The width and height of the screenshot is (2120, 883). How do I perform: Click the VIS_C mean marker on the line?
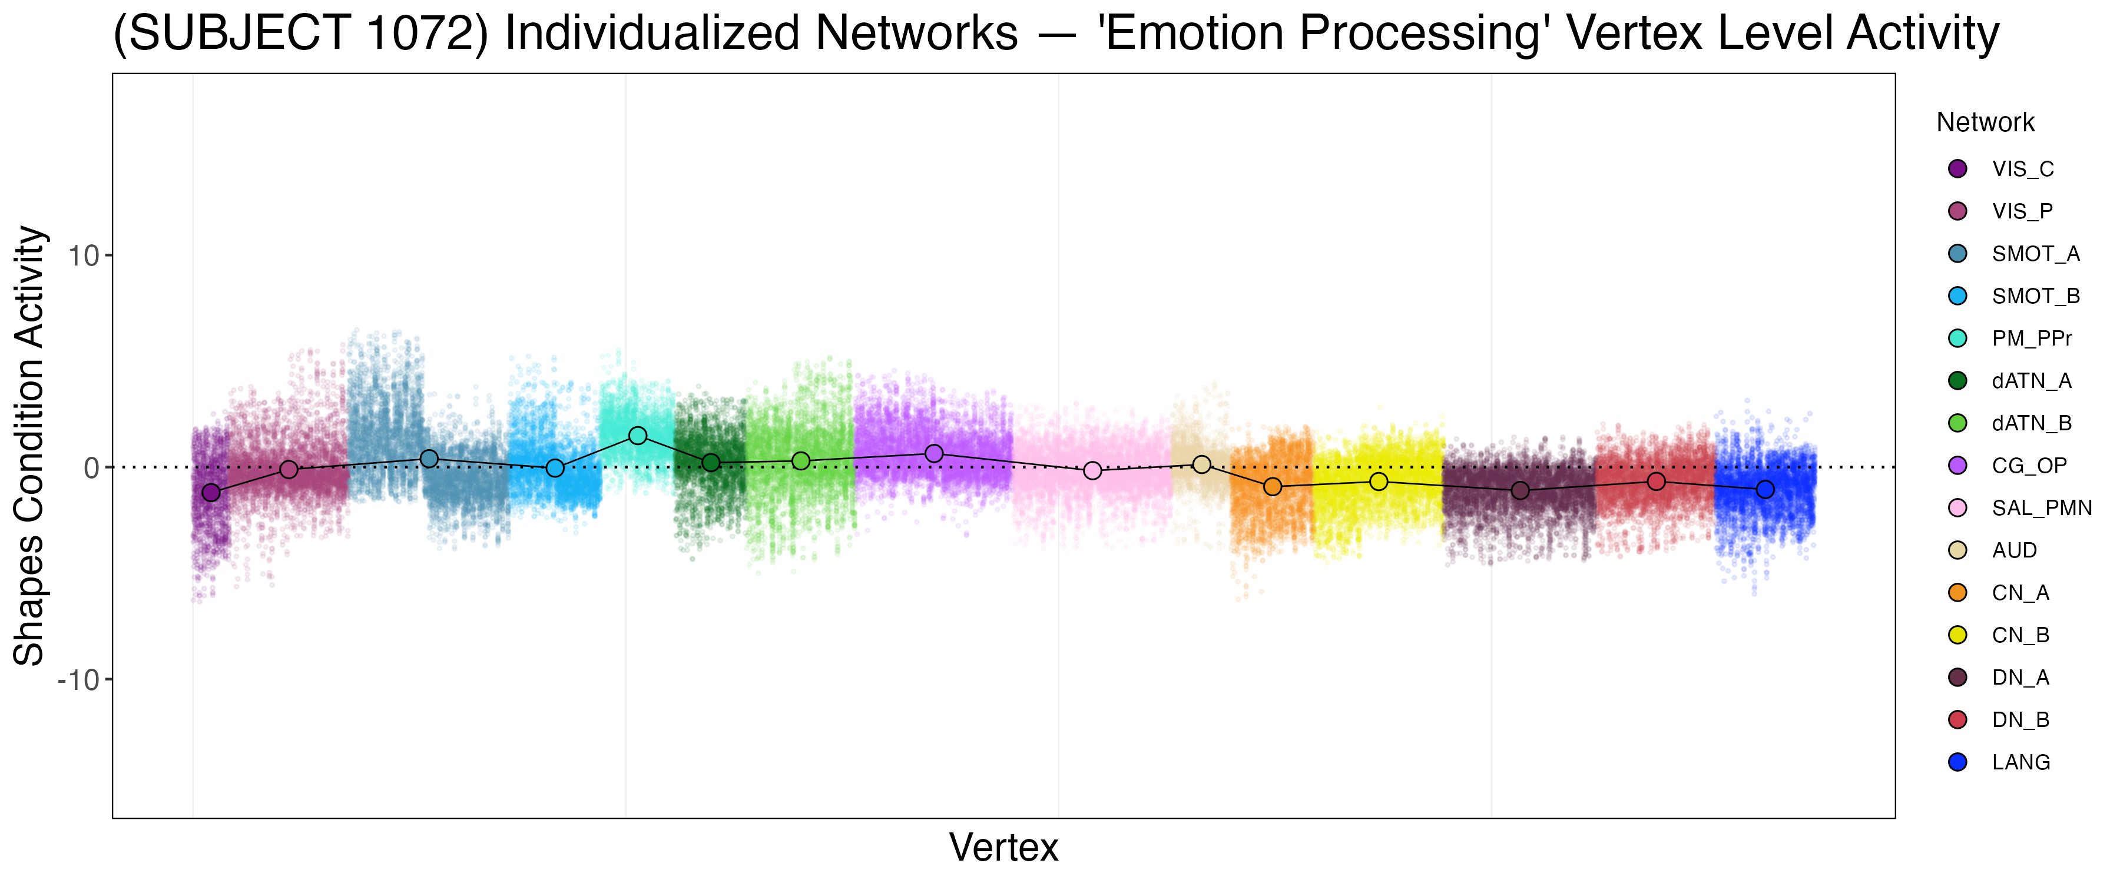click(x=211, y=492)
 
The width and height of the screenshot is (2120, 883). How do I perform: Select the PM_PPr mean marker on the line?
click(x=638, y=436)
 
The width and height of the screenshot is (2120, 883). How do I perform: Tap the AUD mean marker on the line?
click(x=1201, y=464)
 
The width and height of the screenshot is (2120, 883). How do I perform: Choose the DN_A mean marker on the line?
click(x=1520, y=490)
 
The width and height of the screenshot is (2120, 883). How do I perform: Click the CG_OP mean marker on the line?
click(x=934, y=453)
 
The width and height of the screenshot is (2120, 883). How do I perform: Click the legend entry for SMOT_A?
click(x=2035, y=254)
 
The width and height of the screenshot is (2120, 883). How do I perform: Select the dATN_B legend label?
click(x=2031, y=423)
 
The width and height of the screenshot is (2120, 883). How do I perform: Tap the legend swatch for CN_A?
click(x=1958, y=593)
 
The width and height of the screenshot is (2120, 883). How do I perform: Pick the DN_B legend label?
click(x=2020, y=720)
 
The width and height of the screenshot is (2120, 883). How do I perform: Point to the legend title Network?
click(x=1985, y=122)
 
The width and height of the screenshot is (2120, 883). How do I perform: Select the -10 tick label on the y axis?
click(x=78, y=680)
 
